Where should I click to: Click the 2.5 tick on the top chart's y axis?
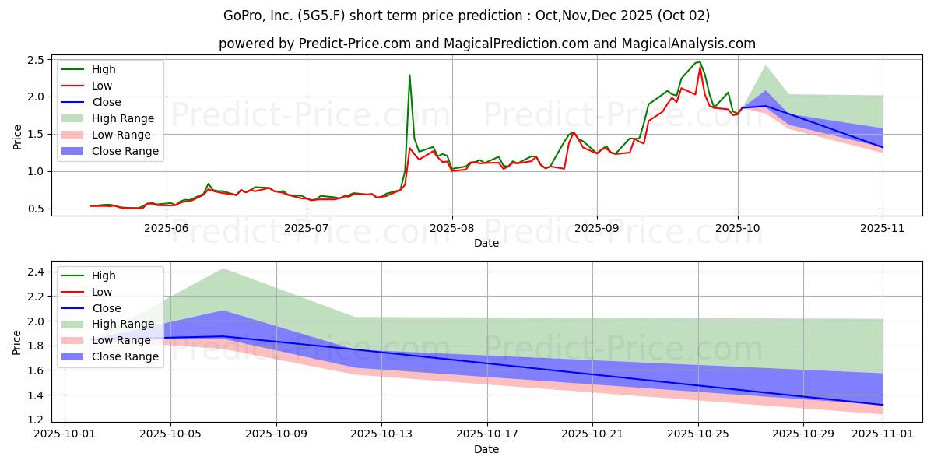pos(36,60)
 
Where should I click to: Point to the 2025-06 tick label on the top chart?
pos(167,229)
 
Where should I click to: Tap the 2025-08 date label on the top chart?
pos(452,229)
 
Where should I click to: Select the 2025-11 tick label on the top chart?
pos(883,229)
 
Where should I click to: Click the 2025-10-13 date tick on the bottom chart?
pos(381,434)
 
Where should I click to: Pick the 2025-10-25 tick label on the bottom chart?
pos(698,434)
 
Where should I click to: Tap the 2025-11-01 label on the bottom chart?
pos(883,434)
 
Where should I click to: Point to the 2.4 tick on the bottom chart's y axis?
pos(36,272)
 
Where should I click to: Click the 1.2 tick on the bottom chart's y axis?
pos(36,420)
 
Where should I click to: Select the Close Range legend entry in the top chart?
pos(110,151)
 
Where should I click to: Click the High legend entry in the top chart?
pos(89,69)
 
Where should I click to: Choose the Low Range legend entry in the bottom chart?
pos(106,340)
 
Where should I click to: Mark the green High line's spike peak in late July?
pos(410,75)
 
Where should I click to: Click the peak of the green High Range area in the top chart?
pos(766,65)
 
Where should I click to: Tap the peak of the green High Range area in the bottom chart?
pos(223,269)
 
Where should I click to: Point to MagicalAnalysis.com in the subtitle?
pos(688,44)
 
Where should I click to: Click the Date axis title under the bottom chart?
pos(486,449)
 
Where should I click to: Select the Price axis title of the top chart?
pos(17,137)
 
